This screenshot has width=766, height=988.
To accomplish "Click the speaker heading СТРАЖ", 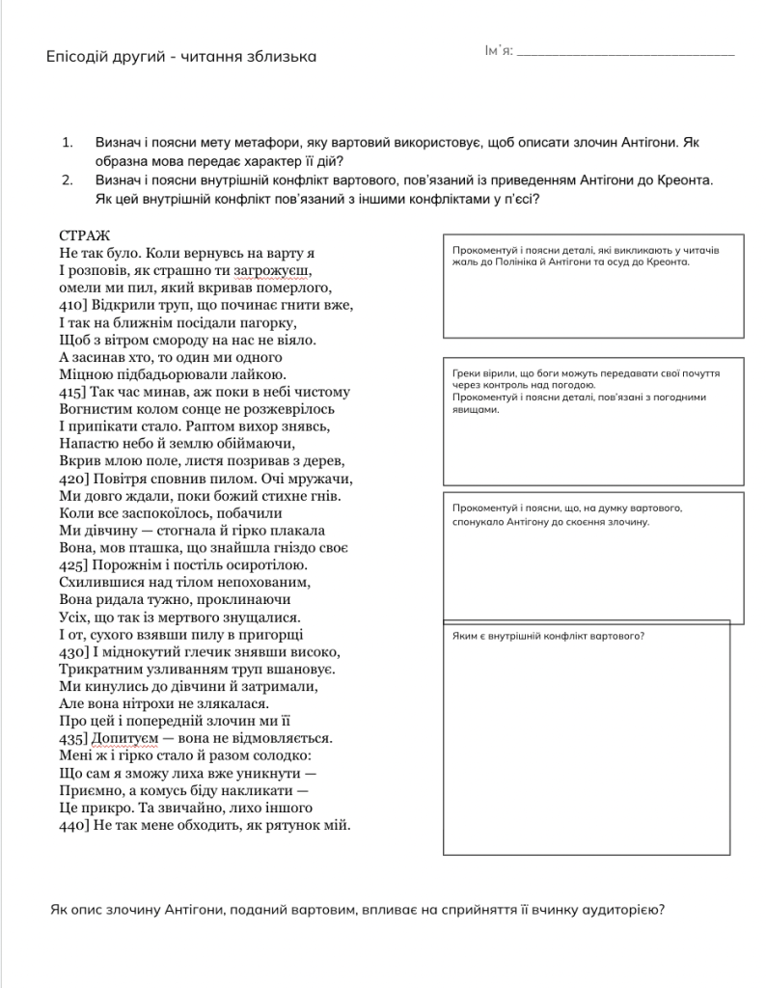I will (85, 235).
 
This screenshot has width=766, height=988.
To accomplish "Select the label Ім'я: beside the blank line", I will (498, 50).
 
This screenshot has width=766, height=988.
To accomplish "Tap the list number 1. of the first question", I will (68, 143).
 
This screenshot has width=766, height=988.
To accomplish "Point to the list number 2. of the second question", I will (68, 180).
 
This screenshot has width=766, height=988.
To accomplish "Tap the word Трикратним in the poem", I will (100, 670).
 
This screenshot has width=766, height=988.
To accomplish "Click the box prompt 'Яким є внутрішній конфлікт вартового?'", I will (548, 635).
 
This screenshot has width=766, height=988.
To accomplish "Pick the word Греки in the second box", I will (467, 373).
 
